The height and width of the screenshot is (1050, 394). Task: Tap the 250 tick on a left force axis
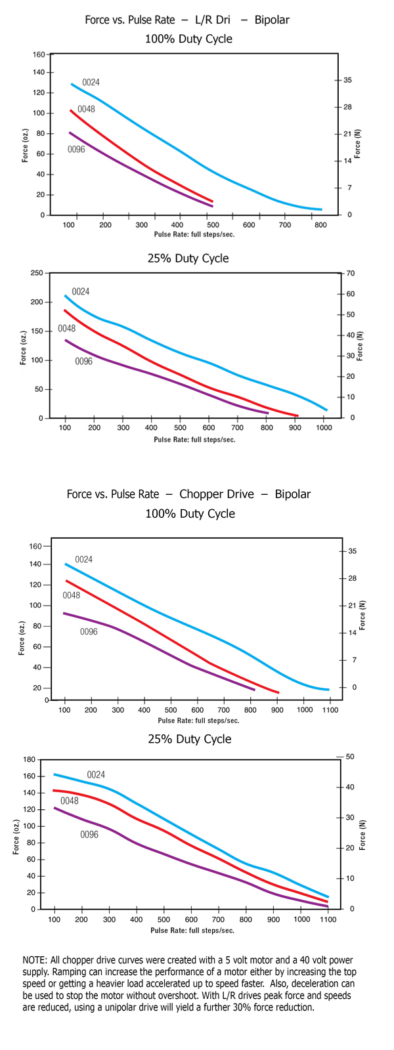pyautogui.click(x=37, y=273)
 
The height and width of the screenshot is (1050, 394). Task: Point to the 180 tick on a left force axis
pyautogui.click(x=29, y=760)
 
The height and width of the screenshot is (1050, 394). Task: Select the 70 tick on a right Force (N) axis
pyautogui.click(x=350, y=273)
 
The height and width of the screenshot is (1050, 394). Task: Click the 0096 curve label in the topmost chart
pyautogui.click(x=76, y=150)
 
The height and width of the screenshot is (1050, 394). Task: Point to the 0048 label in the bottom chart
pyautogui.click(x=70, y=801)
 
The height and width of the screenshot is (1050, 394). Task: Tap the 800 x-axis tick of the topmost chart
pyautogui.click(x=320, y=225)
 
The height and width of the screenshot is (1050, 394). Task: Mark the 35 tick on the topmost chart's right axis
pyautogui.click(x=347, y=80)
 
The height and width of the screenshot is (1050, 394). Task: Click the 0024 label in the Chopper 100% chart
pyautogui.click(x=83, y=559)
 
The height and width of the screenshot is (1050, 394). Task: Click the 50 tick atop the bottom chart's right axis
pyautogui.click(x=350, y=757)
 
